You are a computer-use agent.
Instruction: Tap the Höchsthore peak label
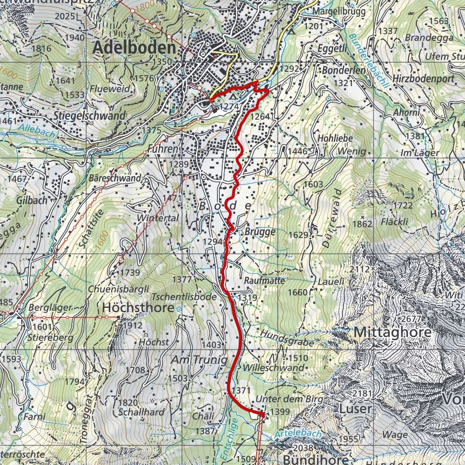point(136,308)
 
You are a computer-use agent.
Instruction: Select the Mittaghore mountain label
point(393,332)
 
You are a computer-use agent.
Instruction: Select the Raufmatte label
point(264,280)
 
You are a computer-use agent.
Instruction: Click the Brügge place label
point(260,232)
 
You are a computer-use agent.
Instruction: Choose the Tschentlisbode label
point(184,297)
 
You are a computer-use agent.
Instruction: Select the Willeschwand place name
point(273,368)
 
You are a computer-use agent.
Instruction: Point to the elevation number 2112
point(360,270)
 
